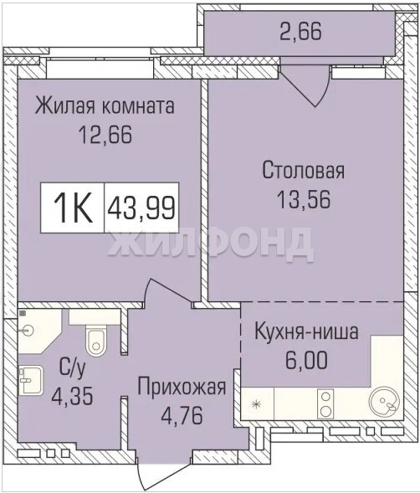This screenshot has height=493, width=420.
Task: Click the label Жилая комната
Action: [105, 106]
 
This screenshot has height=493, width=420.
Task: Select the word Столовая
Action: [304, 170]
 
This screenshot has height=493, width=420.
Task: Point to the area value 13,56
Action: [304, 199]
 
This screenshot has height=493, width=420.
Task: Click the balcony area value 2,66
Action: [301, 32]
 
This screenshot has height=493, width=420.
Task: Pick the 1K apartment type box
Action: [73, 208]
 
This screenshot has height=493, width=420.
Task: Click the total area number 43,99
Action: [141, 208]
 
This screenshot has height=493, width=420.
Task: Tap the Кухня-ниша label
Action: [306, 331]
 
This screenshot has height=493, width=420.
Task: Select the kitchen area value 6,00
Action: [306, 360]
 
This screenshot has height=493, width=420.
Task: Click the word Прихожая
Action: [182, 387]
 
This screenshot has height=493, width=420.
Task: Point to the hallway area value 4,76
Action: [182, 415]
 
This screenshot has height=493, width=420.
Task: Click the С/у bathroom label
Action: [72, 368]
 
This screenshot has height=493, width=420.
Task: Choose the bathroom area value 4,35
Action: [72, 396]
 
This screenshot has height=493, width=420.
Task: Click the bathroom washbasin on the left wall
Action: [30, 380]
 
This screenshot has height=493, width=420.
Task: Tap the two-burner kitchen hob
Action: [325, 403]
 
